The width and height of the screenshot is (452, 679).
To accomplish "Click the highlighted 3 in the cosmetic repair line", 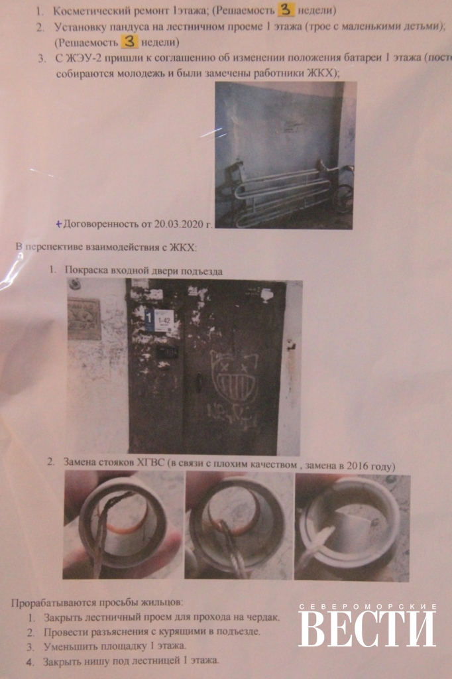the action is coord(286,9).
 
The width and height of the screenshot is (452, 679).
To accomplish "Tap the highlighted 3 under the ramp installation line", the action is coord(129,42).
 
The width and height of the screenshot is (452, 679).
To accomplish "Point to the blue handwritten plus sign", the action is coord(59,224).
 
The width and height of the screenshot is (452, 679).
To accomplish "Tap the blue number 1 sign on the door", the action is coord(148,319).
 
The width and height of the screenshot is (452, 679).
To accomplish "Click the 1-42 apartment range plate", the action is coord(164,320).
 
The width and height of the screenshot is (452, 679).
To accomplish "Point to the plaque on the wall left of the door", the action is coord(84,319).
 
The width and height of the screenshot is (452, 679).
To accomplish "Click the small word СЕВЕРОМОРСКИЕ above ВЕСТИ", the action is coord(367,606).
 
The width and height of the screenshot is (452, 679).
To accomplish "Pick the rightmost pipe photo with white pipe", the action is coord(352,527).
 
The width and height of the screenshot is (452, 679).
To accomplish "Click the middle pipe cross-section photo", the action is coord(239,525).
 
